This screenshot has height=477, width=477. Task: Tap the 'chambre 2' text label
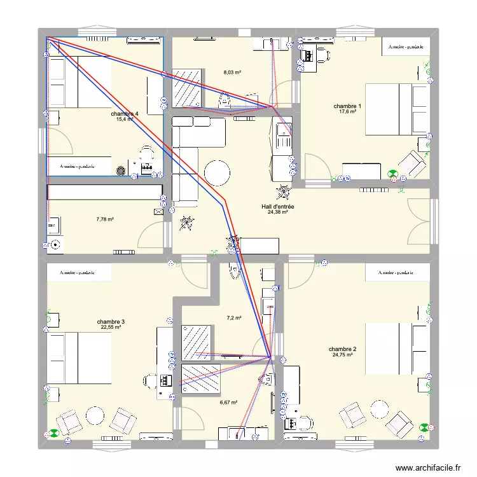point(342,349)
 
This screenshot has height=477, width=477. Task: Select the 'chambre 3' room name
point(111,322)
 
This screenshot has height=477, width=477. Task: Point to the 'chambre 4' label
point(124,114)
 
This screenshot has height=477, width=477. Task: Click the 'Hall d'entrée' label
point(278,207)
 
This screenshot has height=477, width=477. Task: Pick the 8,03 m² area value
point(232,73)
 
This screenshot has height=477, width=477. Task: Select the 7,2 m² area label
point(235,317)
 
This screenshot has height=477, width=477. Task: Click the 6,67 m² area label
point(228,402)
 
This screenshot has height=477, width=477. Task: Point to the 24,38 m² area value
point(278,213)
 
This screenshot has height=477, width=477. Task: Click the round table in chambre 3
point(95,416)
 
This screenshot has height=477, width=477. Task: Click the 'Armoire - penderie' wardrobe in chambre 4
point(78,166)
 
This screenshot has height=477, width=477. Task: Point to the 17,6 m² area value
point(347,112)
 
